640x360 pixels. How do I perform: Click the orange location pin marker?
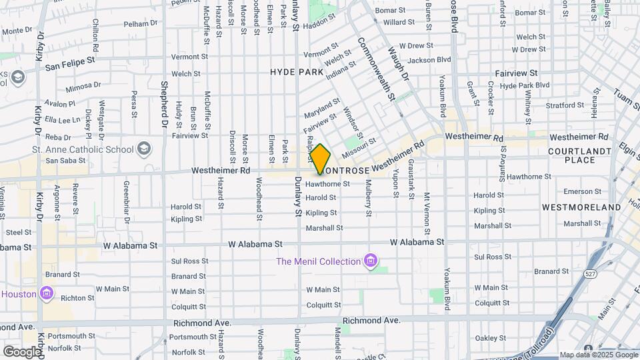point(320,159)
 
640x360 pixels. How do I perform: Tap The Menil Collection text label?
point(319,261)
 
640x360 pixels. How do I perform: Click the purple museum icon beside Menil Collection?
point(371,261)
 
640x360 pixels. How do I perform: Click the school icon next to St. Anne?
point(143,149)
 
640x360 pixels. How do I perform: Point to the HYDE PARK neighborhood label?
point(297,72)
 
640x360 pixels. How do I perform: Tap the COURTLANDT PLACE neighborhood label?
point(580,155)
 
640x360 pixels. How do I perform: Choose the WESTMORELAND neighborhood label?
point(581,207)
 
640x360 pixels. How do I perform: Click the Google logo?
point(22,351)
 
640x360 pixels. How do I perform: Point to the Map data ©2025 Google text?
point(598,355)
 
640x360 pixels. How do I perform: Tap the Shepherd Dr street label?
point(164,105)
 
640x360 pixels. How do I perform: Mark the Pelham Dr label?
point(140,23)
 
